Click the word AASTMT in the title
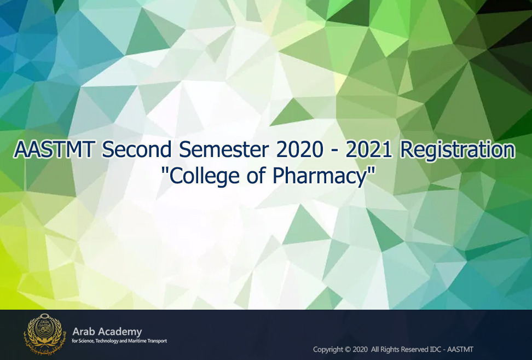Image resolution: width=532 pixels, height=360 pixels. [x=54, y=149]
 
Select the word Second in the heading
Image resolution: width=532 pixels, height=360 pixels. [x=137, y=149]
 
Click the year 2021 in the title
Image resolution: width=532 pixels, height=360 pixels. [x=369, y=149]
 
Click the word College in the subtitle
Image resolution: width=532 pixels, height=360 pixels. [x=204, y=176]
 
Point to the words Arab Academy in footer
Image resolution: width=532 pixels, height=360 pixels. [x=107, y=332]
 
